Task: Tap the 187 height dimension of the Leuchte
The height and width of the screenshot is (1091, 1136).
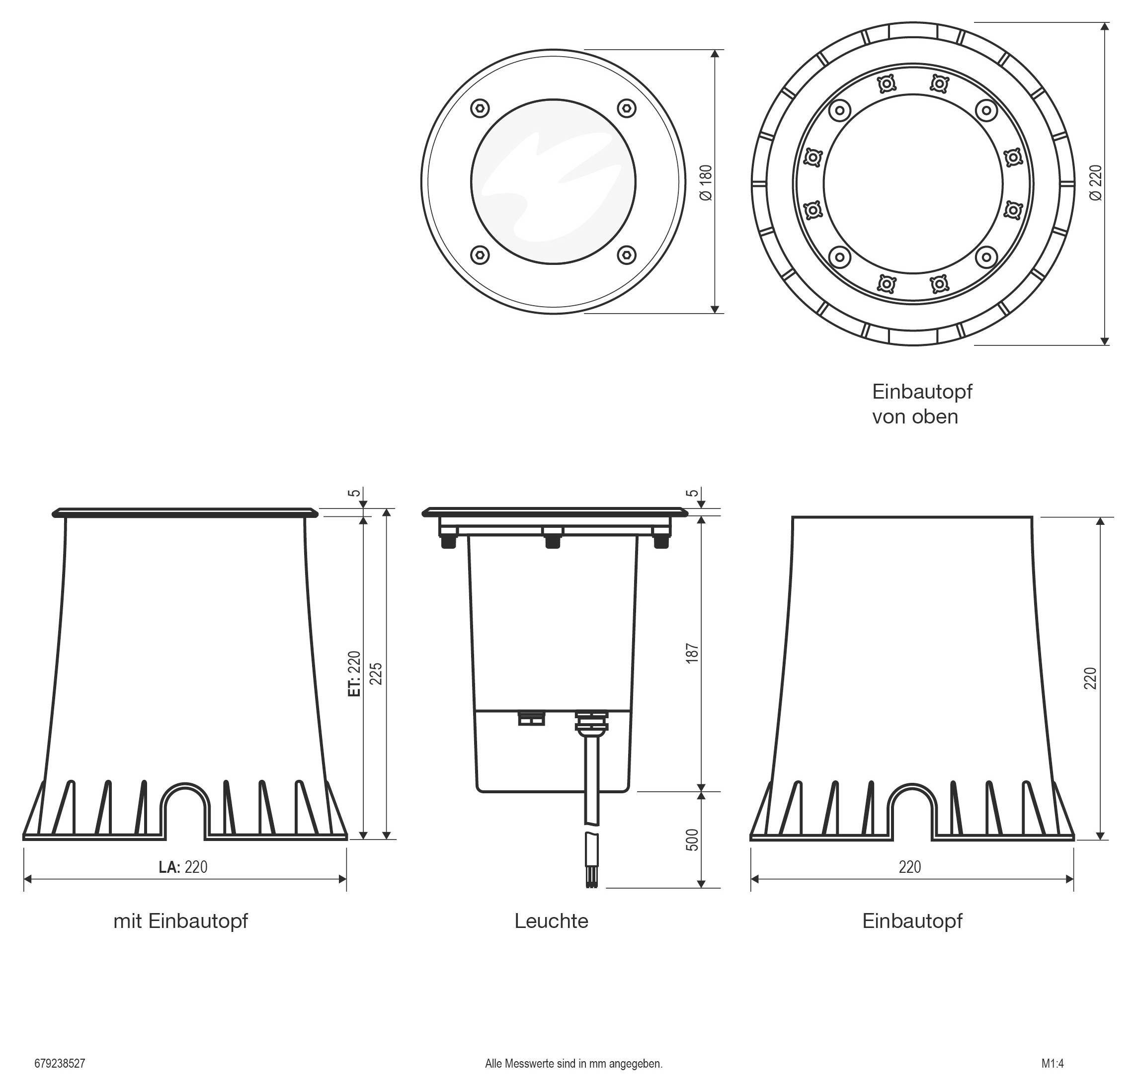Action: coord(692,653)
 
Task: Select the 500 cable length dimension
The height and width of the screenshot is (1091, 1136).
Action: coord(692,839)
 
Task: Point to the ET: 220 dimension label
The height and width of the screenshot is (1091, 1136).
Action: coord(354,673)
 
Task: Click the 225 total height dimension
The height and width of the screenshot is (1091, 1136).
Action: coord(376,673)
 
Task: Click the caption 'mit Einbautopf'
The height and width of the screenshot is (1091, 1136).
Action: coord(180,921)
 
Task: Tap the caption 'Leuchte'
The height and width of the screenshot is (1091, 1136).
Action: coord(551,921)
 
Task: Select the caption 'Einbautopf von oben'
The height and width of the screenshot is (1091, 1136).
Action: coord(921,404)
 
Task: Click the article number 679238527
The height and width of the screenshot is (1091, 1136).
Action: coord(60,1064)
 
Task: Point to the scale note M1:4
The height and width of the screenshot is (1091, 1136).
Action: coord(1052,1064)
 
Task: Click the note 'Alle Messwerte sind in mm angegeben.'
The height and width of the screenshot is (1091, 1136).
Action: coord(573,1064)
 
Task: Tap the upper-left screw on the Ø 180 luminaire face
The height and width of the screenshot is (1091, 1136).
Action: coord(480,108)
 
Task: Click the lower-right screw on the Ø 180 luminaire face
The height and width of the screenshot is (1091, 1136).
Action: coord(627,254)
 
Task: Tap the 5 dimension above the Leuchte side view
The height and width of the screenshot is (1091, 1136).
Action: coord(692,494)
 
